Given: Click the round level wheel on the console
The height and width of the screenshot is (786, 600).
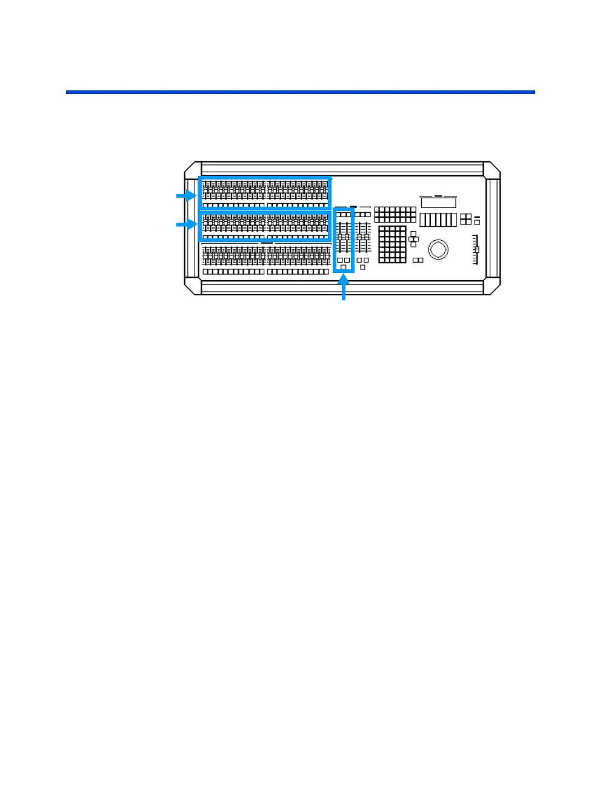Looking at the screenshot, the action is pos(438,249).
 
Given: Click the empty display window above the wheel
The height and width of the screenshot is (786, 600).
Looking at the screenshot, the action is pos(438,202).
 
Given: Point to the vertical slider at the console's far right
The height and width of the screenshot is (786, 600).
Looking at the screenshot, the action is pos(476,249).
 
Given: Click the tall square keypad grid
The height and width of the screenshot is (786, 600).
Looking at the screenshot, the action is pos(392,244).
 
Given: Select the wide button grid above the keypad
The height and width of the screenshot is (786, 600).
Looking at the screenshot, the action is pos(395,214).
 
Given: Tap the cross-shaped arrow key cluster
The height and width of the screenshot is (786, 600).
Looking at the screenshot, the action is pos(413,239).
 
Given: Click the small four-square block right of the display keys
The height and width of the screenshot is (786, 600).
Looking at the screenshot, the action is pos(465,219).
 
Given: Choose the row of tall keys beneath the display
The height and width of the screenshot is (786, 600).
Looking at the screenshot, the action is pos(438,219).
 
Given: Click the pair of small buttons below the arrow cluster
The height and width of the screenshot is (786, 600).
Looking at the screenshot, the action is pos(418,260).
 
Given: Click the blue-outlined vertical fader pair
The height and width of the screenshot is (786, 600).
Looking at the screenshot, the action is pos(343,237).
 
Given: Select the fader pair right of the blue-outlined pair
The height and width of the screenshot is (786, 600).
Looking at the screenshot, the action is pos(362,237).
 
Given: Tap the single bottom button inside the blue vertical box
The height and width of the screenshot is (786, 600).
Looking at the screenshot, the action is pos(344,267).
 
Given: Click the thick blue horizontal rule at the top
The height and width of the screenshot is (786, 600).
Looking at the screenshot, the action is pos(300,92).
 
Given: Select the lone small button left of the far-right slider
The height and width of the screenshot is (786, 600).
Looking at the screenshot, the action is pos(477,222).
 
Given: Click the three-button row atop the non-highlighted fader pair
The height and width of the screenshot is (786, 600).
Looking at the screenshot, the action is pos(362,215).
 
